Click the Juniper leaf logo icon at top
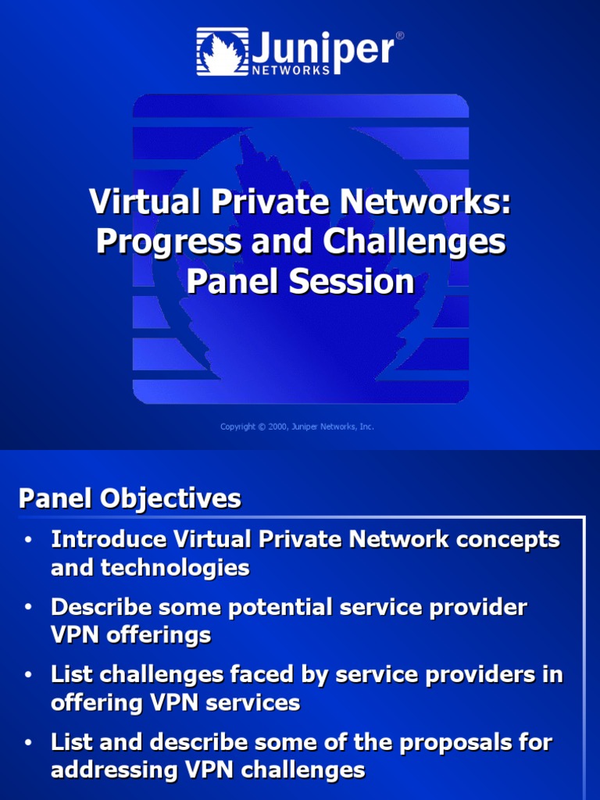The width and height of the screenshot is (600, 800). click(223, 52)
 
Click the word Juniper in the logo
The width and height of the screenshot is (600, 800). click(322, 47)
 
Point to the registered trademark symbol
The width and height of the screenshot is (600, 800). click(400, 36)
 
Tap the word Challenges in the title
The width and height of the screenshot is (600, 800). click(413, 242)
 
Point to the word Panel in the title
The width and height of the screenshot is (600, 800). click(228, 282)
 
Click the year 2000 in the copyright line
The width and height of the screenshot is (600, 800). click(278, 427)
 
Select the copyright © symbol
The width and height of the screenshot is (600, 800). click(261, 427)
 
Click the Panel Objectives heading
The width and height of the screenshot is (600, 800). click(130, 498)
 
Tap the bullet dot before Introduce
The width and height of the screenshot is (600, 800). click(28, 540)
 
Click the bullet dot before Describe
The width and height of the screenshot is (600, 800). click(28, 607)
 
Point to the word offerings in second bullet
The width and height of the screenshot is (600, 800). click(162, 635)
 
